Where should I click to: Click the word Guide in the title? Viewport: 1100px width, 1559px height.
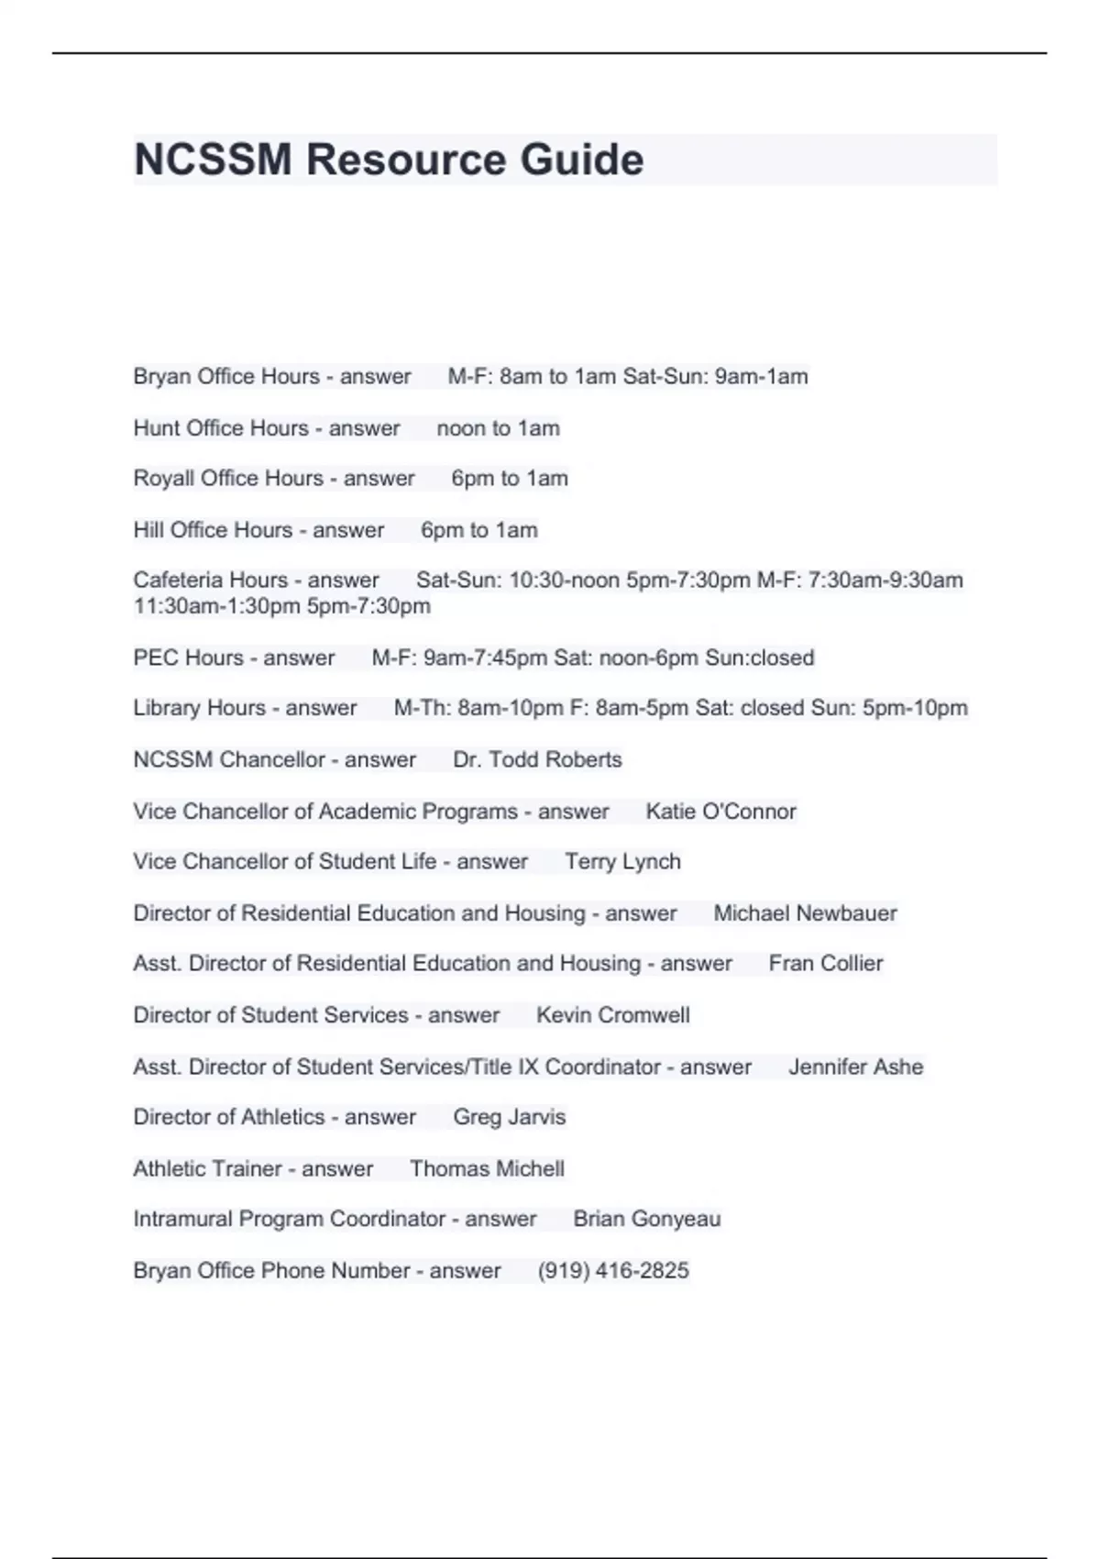pos(582,160)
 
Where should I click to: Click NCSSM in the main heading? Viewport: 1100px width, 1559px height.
pos(213,160)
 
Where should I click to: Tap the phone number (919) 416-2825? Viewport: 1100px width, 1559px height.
pos(613,1270)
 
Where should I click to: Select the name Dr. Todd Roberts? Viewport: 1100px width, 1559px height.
pos(537,759)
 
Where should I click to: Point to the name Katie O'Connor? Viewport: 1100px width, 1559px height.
pos(720,811)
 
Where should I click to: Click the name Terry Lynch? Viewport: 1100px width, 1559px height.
pos(622,861)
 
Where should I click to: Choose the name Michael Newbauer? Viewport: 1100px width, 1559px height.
pos(805,912)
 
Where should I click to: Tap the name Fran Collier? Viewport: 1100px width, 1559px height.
pos(826,963)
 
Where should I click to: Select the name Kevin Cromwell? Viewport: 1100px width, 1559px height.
pos(612,1014)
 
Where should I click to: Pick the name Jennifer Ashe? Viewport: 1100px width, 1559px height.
pos(855,1067)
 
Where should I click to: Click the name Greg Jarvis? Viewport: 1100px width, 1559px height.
pos(509,1116)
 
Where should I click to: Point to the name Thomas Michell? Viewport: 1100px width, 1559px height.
pos(487,1168)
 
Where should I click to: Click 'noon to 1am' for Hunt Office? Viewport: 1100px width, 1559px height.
pos(498,427)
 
